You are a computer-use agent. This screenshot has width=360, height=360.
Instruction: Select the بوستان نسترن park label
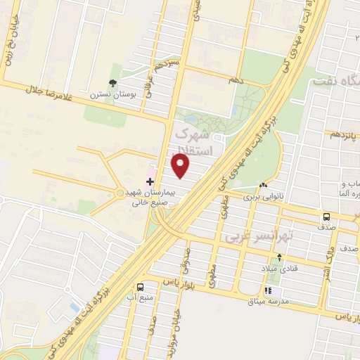pyautogui.click(x=107, y=94)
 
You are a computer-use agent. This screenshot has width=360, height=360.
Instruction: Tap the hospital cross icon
pyautogui.click(x=150, y=182)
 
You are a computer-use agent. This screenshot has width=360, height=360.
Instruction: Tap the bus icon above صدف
pyautogui.click(x=328, y=217)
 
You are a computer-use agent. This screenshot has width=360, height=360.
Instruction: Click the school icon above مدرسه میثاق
pyautogui.click(x=267, y=290)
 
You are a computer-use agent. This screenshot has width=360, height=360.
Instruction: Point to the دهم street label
pyautogui.click(x=235, y=81)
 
